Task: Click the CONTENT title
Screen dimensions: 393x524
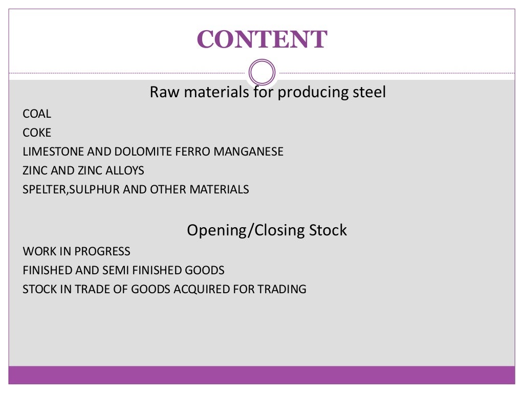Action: coord(261,39)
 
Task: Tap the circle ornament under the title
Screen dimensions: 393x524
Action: coord(261,73)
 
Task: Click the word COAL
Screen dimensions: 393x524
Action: coord(37,114)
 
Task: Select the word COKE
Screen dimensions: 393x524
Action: coord(37,133)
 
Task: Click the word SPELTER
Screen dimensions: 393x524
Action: coord(44,190)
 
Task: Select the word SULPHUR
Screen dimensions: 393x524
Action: coord(94,190)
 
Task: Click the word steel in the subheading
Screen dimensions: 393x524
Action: coord(368,93)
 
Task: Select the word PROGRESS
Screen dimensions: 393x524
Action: coord(102,252)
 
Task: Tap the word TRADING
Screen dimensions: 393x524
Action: coord(282,289)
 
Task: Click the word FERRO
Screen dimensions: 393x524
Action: coord(192,152)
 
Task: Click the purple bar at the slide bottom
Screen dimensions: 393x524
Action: coord(261,375)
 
